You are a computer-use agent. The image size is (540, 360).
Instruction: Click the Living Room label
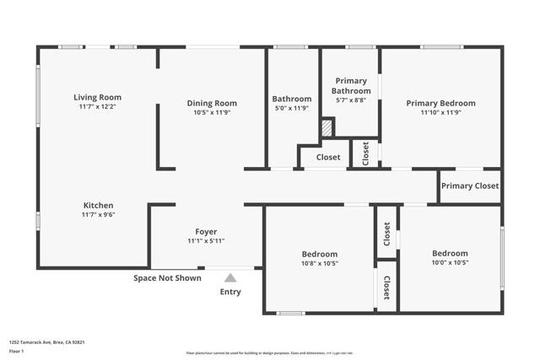(98, 97)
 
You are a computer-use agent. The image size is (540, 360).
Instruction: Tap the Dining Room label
(212, 103)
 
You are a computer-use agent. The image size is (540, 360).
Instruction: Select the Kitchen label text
(98, 205)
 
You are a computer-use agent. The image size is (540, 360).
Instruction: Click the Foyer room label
(206, 231)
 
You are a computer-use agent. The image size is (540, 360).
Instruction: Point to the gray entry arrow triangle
(230, 277)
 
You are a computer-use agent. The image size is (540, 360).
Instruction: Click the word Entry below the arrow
(230, 292)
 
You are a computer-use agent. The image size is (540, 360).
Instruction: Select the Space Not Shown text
(167, 277)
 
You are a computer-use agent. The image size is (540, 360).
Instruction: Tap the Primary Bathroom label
(351, 85)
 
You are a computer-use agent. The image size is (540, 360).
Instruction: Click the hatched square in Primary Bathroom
(327, 127)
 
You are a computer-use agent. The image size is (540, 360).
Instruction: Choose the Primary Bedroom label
(440, 103)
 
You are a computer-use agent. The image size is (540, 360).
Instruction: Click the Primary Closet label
(470, 185)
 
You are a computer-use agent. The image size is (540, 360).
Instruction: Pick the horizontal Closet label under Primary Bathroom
(328, 157)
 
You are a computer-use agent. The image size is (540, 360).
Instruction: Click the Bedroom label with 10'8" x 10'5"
(320, 254)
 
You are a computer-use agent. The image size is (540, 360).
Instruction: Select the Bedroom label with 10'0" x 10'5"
(450, 253)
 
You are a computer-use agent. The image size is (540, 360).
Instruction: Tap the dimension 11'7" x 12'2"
(98, 107)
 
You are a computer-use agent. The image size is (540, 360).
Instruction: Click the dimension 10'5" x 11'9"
(212, 112)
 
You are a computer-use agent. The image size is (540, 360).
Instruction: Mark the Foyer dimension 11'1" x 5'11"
(206, 240)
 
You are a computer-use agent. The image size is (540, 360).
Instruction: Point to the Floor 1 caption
(17, 351)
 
